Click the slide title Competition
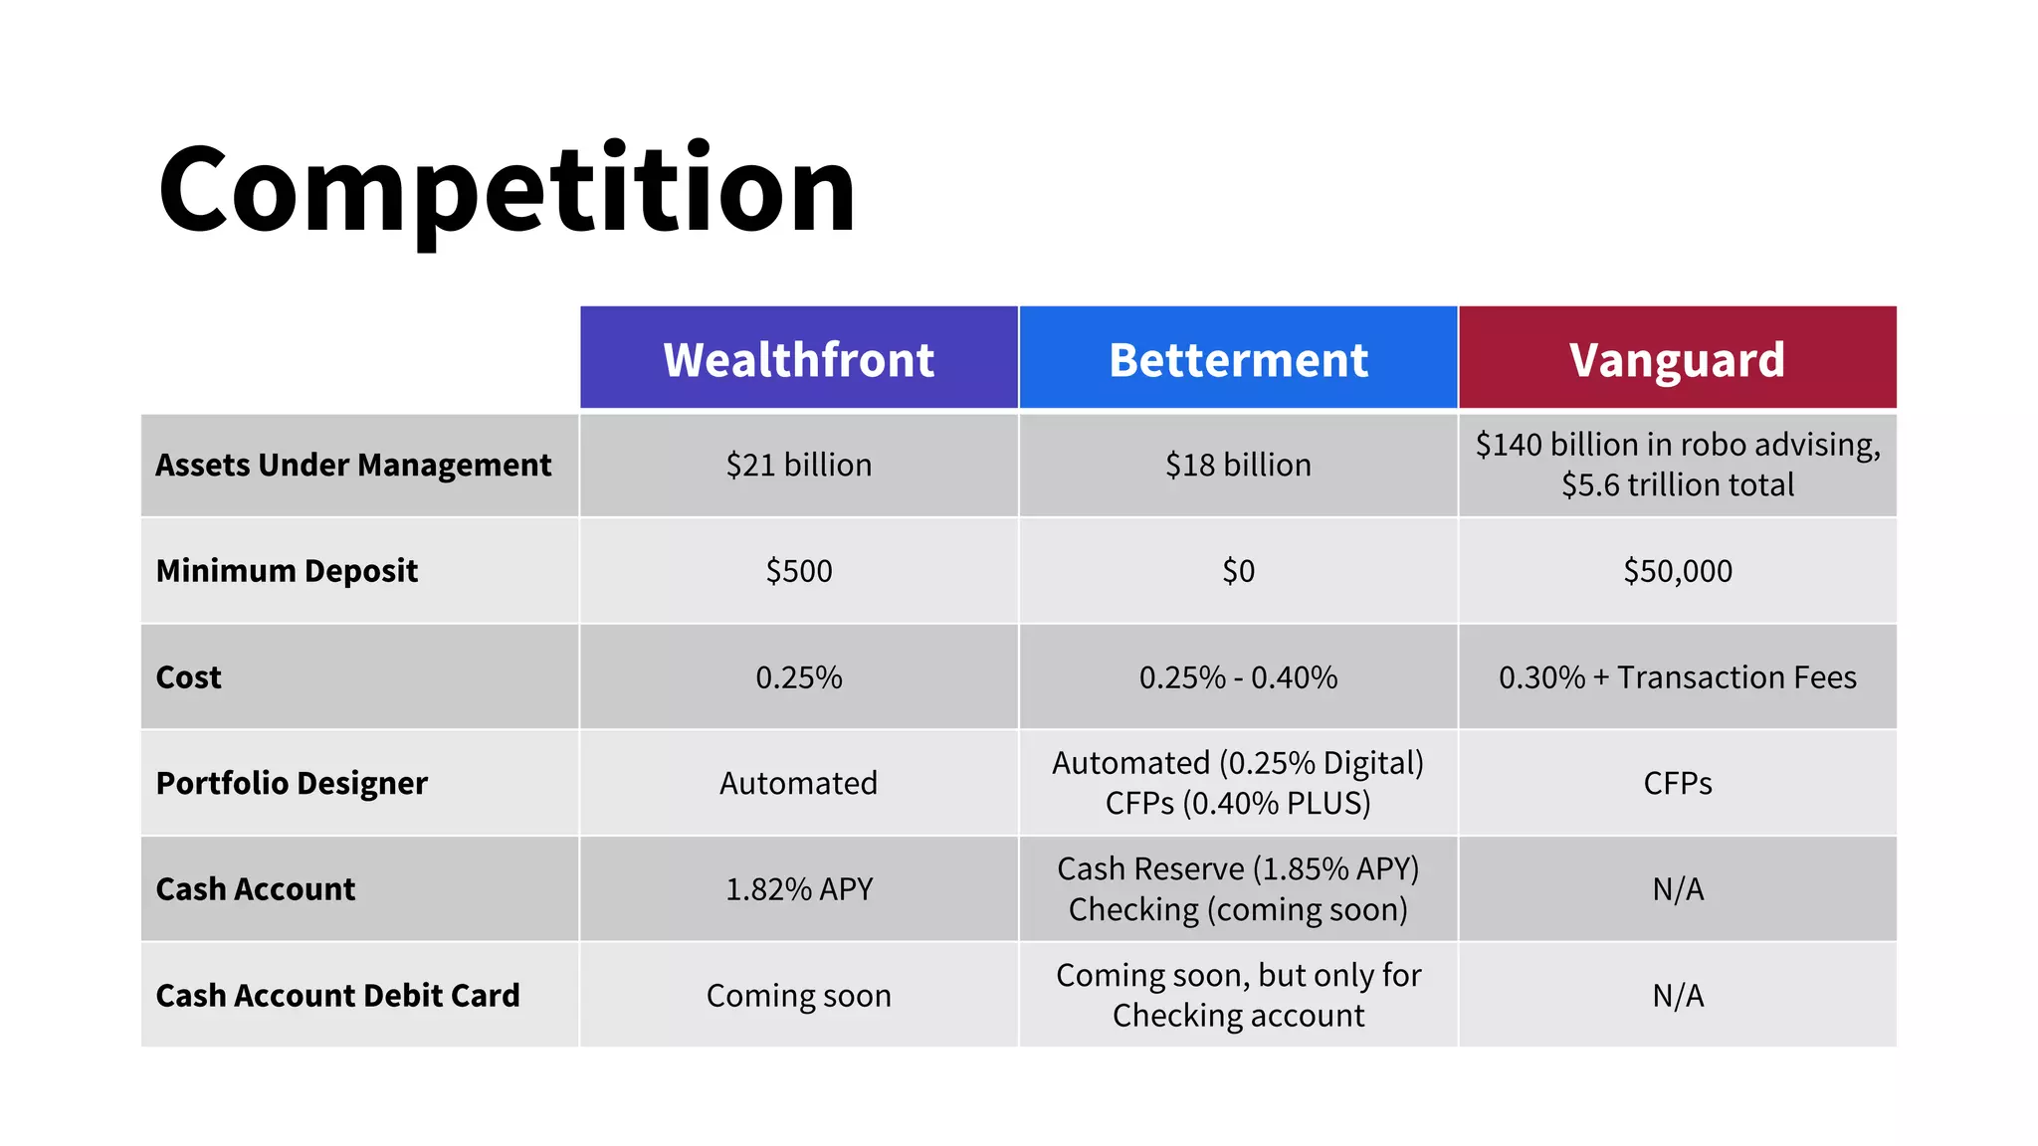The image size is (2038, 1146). (507, 189)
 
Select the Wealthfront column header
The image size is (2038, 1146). (798, 359)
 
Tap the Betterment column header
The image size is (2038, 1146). (1238, 359)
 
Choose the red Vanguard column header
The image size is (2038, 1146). (1677, 359)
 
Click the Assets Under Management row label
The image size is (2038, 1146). (353, 465)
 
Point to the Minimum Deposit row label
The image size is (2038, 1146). (287, 571)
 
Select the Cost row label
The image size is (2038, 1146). (189, 677)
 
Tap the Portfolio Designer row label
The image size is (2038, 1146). (292, 783)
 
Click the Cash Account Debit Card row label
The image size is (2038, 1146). (337, 995)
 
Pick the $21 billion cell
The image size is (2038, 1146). (798, 465)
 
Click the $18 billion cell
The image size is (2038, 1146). (1238, 465)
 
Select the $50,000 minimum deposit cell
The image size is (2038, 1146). (1677, 571)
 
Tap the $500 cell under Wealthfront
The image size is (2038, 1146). (798, 571)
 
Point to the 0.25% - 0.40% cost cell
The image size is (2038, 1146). (1238, 677)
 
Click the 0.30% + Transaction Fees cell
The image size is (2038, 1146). (1677, 677)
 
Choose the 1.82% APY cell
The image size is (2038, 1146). (798, 888)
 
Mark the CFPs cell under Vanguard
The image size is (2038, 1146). (1677, 783)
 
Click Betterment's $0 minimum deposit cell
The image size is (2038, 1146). (1238, 571)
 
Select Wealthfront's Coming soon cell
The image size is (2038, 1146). (798, 995)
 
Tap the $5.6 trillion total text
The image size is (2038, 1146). (1677, 485)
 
